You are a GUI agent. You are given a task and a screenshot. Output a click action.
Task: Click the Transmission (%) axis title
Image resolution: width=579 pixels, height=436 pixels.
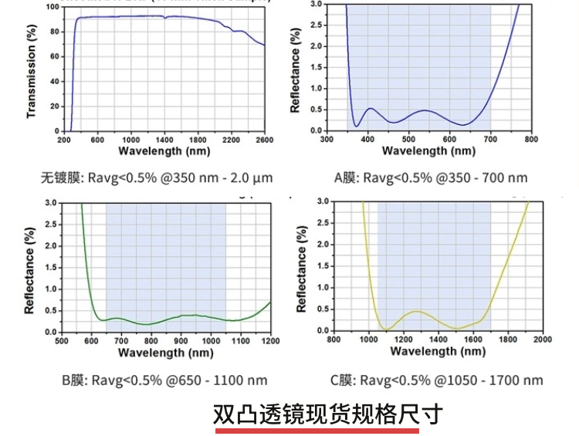tap(32, 70)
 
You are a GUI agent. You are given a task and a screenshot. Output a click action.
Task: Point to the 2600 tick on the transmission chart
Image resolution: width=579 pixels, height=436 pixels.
tap(265, 140)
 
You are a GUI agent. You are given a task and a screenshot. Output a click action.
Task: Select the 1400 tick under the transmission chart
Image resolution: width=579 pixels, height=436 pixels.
tap(164, 140)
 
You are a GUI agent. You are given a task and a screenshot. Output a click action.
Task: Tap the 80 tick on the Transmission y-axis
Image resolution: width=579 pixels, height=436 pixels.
tap(53, 32)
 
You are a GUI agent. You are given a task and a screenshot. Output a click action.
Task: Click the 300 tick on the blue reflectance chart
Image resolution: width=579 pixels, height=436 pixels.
tap(327, 140)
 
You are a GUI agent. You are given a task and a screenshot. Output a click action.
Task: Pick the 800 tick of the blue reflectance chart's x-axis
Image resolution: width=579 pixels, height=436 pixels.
tap(531, 140)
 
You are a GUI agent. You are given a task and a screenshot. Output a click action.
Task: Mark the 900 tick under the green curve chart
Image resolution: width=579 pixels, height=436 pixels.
tap(181, 341)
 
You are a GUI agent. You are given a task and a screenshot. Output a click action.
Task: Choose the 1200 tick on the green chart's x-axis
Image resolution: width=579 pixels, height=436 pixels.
tap(270, 341)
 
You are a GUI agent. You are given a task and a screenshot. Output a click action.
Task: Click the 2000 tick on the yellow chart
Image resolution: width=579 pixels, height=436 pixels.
tap(543, 340)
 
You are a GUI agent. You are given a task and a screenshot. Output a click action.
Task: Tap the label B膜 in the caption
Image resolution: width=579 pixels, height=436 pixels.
tap(74, 380)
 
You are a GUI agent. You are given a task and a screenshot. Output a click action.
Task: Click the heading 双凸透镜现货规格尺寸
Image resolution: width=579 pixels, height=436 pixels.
tap(328, 414)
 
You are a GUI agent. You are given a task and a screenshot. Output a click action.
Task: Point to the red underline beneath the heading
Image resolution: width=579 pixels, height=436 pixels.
tap(328, 431)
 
